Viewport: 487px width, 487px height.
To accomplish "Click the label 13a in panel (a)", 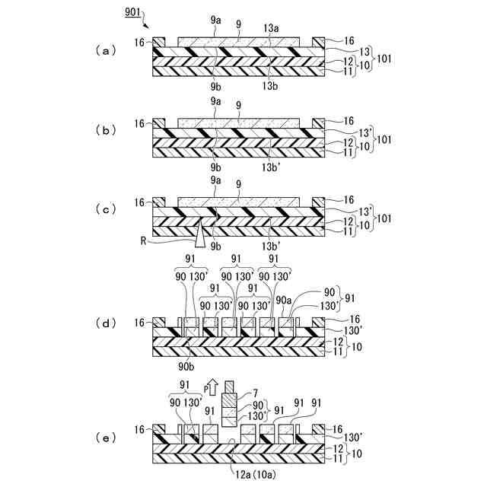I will pos(272,27).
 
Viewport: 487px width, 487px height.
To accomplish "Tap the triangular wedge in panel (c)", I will pos(200,233).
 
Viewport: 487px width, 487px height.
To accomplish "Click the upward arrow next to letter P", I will pos(214,390).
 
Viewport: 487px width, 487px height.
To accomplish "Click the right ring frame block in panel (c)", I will pos(319,203).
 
